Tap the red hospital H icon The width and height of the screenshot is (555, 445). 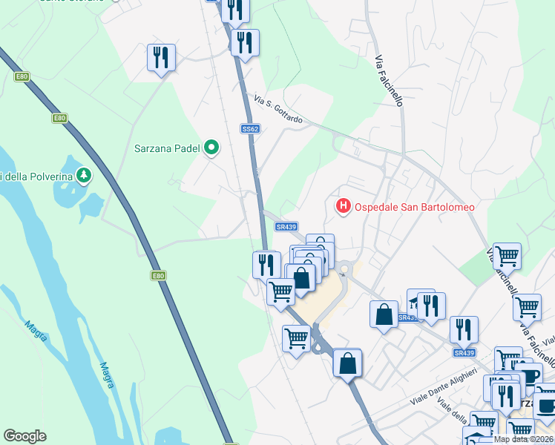coord(344,205)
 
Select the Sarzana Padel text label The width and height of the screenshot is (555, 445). coord(168,148)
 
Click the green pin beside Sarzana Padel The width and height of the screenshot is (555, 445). coord(211,148)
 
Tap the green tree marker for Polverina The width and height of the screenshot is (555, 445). coord(85,175)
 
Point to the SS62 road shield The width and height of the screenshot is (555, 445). coord(251,128)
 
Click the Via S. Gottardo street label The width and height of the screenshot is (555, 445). coord(278,108)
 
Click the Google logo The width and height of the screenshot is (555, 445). coord(24,436)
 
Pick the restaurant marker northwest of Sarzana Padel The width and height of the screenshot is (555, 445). coord(161,57)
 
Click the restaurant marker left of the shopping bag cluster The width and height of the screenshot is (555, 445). coord(266,264)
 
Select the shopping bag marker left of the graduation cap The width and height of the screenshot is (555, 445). coord(384,313)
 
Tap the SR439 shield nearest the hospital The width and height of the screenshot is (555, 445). coord(286,227)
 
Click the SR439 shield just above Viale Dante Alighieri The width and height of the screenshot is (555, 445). coord(464,353)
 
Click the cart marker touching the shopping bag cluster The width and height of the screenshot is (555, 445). coord(281,291)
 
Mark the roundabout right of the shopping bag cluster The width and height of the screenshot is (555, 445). coord(344,267)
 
